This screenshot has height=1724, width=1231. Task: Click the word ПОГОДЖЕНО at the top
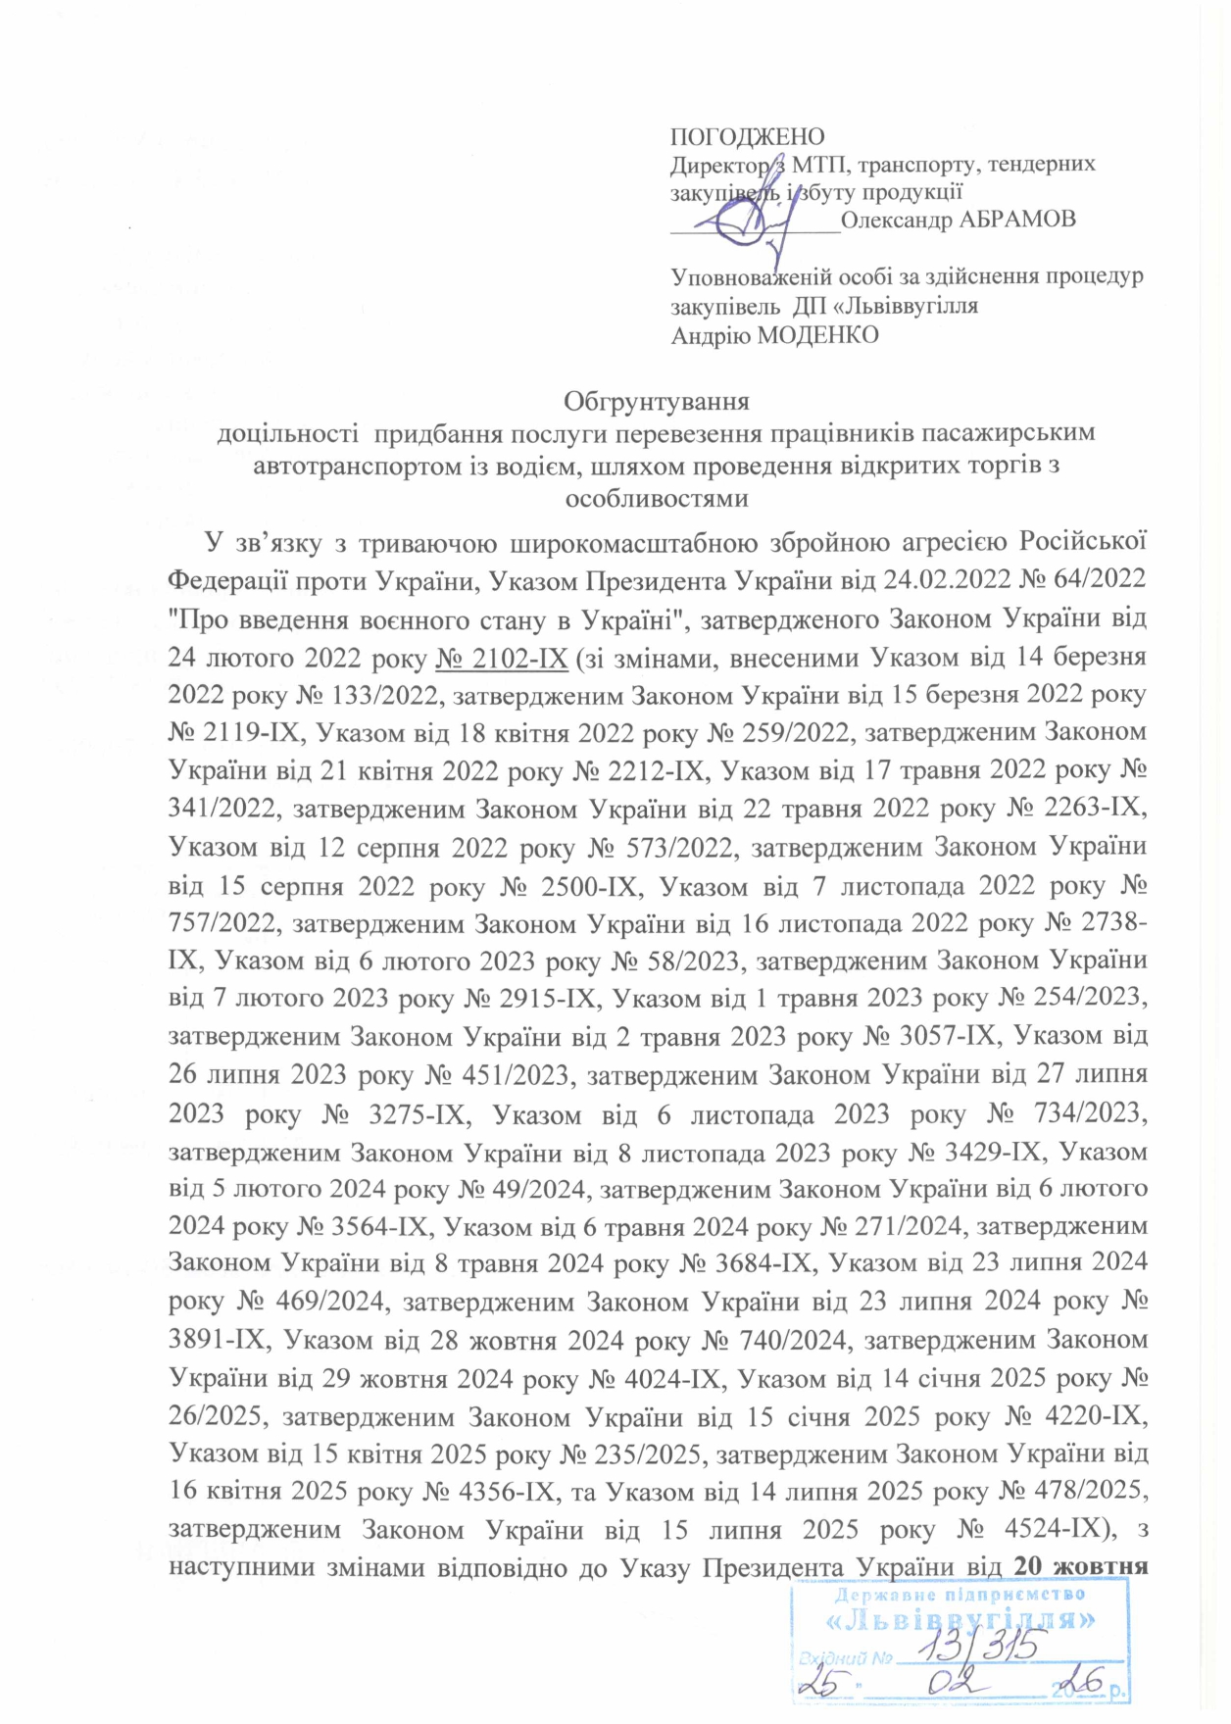(x=747, y=136)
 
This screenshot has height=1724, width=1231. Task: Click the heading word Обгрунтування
(x=657, y=401)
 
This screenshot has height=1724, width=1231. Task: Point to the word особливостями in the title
(x=657, y=498)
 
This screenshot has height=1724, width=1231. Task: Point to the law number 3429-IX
(x=994, y=1152)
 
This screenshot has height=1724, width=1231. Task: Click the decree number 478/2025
(x=1085, y=1491)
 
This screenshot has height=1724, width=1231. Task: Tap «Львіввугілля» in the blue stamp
(x=960, y=1620)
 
